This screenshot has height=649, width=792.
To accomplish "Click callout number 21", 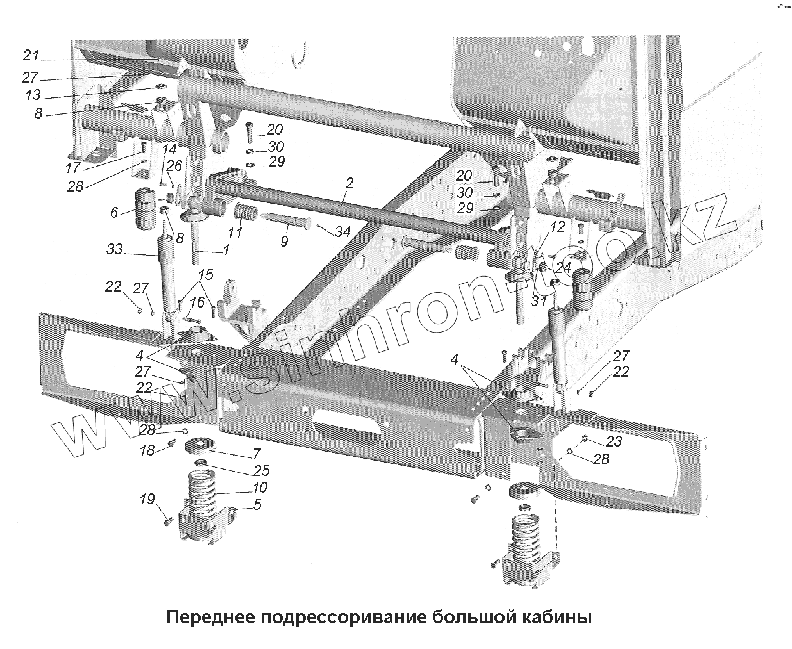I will [31, 54].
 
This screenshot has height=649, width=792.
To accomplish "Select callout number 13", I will [33, 95].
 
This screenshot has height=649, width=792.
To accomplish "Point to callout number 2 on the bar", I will [348, 183].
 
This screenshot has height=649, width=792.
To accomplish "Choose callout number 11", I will [235, 232].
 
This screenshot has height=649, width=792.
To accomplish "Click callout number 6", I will [114, 212].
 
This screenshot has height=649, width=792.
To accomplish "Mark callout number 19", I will [148, 498].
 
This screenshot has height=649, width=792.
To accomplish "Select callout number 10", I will [260, 488].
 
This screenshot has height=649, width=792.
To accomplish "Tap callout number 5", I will [257, 505].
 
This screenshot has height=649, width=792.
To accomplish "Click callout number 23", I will [614, 441].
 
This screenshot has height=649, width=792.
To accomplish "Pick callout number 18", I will [147, 450].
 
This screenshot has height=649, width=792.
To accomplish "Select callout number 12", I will [558, 226].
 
